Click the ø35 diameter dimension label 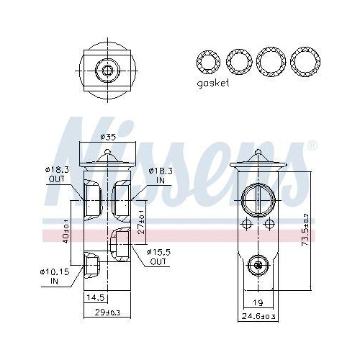click(108, 135)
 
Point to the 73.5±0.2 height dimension click(306, 227)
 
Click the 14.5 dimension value click(95, 297)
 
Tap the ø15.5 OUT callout click(158, 256)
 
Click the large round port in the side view click(258, 197)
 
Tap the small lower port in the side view click(257, 266)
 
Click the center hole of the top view click(108, 70)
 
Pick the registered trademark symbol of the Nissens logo click(312, 146)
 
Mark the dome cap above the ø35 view click(108, 153)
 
